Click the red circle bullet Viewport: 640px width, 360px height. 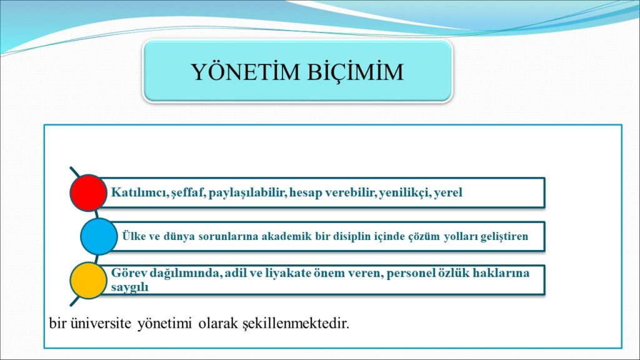(89, 192)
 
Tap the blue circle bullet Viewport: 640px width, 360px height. (99, 236)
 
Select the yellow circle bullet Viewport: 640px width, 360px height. (89, 281)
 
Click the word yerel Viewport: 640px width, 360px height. (448, 192)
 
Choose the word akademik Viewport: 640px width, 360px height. (286, 236)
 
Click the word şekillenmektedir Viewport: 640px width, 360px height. (296, 324)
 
